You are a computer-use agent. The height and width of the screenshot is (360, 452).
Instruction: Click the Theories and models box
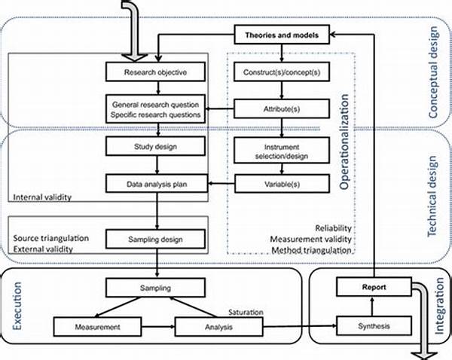click(282, 35)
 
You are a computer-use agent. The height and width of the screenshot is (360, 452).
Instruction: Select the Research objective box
click(155, 72)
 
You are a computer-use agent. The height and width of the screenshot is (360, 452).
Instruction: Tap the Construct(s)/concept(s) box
click(282, 72)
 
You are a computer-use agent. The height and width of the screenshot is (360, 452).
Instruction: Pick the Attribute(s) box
click(282, 108)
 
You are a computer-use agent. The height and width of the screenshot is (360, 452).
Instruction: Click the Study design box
click(155, 146)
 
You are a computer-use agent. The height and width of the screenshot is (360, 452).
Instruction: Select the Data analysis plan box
click(157, 183)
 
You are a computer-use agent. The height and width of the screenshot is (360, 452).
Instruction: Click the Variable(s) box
click(282, 183)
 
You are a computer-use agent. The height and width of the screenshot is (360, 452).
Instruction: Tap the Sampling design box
click(155, 239)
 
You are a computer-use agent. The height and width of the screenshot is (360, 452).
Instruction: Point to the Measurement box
click(97, 327)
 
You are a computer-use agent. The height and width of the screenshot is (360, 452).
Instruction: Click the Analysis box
click(218, 327)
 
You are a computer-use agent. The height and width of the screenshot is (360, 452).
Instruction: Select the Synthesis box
click(374, 325)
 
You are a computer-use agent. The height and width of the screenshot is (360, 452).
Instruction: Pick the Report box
click(374, 287)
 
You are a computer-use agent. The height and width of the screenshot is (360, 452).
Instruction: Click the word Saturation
click(246, 312)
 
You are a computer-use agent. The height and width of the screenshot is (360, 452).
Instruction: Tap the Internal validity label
click(42, 197)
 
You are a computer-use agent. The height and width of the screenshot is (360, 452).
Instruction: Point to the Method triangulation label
click(311, 250)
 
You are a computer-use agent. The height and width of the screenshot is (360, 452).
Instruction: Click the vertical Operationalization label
click(344, 142)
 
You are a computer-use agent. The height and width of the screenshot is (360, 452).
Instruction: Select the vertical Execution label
click(17, 306)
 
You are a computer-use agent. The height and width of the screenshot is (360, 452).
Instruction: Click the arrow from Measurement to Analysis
click(158, 327)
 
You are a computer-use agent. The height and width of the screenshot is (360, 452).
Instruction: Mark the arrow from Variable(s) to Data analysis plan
click(221, 183)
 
